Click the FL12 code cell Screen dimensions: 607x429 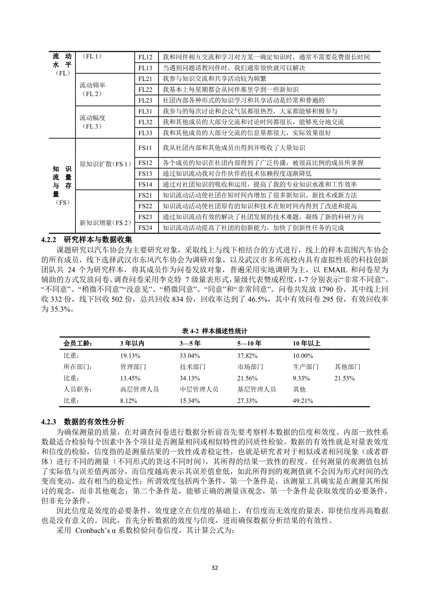(145, 57)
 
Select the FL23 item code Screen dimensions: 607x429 (145, 100)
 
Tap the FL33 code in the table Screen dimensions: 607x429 (145, 133)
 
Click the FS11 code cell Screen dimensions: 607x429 (145, 148)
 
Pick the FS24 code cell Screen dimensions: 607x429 (145, 228)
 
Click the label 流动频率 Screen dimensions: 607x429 (92, 85)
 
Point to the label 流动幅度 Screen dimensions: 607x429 (92, 118)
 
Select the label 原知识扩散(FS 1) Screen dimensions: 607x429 (105, 164)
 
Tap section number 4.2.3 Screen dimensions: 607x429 (48, 422)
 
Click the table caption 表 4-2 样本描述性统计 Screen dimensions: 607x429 (214, 331)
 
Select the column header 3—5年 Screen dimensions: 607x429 (190, 343)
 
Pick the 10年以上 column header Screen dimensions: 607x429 (307, 343)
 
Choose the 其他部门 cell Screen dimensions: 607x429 (347, 367)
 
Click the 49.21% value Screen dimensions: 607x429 (303, 401)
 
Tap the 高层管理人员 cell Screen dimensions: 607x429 (139, 389)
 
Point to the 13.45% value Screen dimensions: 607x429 (130, 378)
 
